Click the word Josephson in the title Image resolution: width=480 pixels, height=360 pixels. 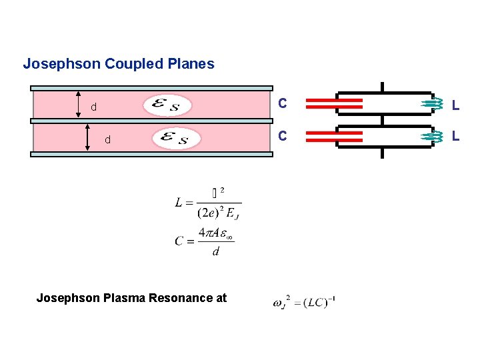click(55, 65)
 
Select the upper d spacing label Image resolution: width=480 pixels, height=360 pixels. click(94, 107)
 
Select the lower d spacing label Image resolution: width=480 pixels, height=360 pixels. click(107, 140)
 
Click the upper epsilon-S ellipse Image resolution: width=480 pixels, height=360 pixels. click(167, 105)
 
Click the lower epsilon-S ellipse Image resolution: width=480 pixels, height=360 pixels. click(176, 139)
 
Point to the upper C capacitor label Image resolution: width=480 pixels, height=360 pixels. click(283, 104)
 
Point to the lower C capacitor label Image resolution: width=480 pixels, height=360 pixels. click(283, 136)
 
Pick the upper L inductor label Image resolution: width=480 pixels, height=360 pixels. click(455, 105)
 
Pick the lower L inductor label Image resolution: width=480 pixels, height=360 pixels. click(455, 136)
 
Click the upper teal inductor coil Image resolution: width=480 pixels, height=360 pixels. click(434, 103)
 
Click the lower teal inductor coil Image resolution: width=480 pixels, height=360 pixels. click(434, 136)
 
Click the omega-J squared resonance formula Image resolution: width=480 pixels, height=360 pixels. click(303, 302)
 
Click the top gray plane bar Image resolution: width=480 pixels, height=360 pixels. click(152, 88)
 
